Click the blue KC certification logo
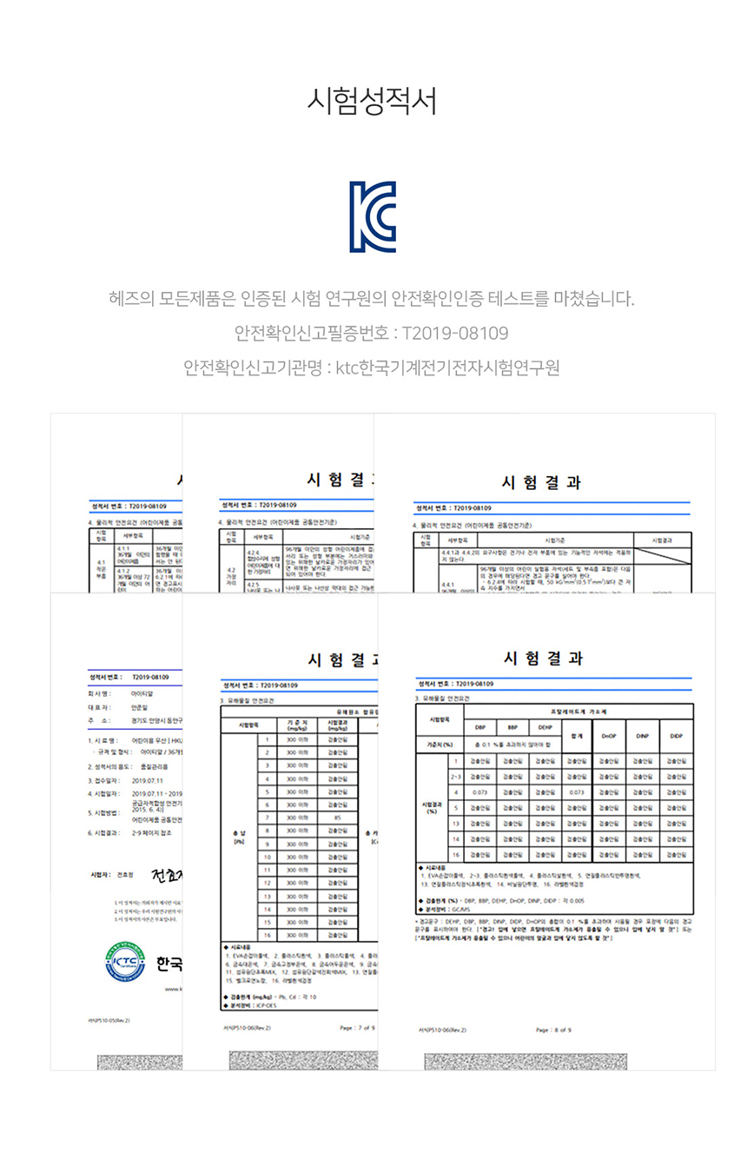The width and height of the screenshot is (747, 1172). coord(373,217)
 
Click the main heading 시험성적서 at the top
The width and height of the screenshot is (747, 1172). coord(373,101)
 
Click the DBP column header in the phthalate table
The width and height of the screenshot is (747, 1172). coord(479,727)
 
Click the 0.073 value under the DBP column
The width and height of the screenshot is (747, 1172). coord(479,792)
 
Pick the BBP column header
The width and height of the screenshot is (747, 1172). coord(512,727)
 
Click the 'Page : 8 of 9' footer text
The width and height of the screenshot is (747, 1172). coord(554,1030)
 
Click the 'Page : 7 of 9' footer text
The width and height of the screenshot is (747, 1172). coord(357,1028)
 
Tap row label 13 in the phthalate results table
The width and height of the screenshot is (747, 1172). coord(455,824)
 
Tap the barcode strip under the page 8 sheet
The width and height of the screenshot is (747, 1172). coord(526,1062)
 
